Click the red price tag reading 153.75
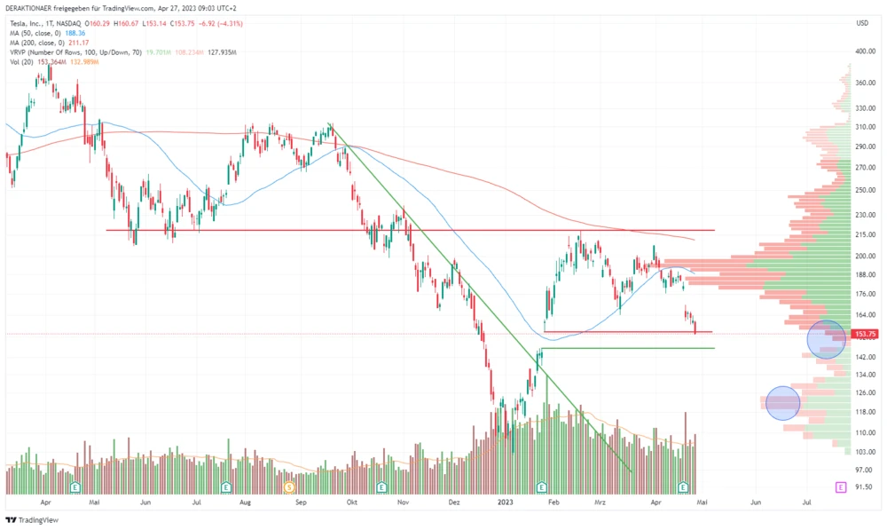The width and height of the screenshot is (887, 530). click(x=864, y=334)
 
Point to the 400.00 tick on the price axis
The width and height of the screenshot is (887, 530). click(x=866, y=51)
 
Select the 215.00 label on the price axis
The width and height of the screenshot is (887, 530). click(x=866, y=233)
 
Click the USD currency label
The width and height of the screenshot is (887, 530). click(x=861, y=23)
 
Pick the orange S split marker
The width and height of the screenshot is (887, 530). click(x=289, y=486)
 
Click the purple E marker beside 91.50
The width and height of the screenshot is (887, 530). click(x=840, y=486)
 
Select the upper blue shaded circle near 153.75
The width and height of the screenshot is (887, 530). click(x=827, y=339)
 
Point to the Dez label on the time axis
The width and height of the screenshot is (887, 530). click(x=454, y=502)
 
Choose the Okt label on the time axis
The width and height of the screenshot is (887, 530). click(x=352, y=502)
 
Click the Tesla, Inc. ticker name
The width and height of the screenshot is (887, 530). click(x=29, y=22)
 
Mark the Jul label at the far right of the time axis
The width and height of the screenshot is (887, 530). click(x=806, y=502)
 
